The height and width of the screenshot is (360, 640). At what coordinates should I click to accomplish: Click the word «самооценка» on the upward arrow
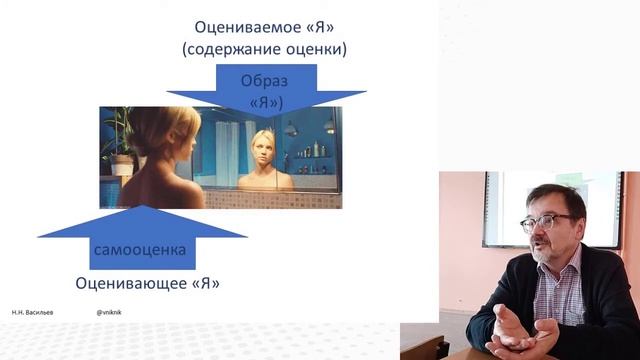(140, 249)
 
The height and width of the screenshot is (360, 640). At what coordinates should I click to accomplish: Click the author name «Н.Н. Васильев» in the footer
(34, 312)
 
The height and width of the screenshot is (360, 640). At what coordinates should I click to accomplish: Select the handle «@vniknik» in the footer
(109, 312)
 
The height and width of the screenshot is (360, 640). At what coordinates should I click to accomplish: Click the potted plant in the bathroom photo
(117, 140)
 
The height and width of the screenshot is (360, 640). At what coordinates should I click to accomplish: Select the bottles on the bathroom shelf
(316, 149)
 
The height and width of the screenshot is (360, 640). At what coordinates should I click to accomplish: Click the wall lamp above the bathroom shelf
(291, 128)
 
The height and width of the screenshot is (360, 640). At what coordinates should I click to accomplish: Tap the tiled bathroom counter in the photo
(270, 198)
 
